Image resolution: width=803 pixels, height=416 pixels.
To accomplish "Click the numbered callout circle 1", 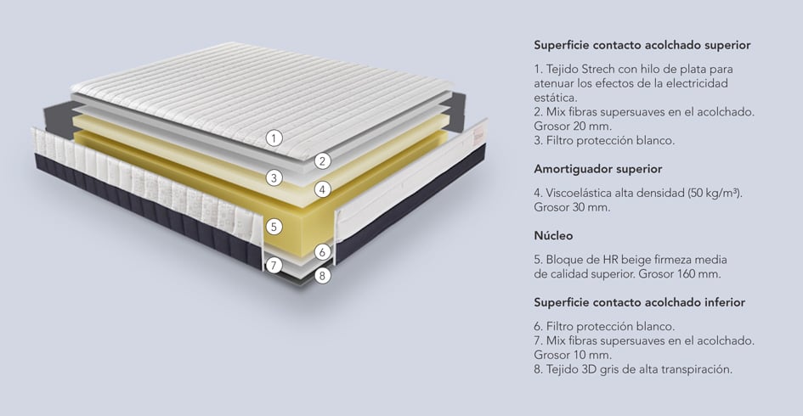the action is coord(274,138).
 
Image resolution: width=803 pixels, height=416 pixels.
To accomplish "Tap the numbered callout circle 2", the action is coord(322,161).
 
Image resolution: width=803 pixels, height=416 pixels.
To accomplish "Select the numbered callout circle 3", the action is coord(274,178).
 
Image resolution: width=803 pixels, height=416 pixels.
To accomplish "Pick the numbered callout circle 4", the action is coord(322,190).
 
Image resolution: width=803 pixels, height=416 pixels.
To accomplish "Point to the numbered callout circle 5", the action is coord(274,226).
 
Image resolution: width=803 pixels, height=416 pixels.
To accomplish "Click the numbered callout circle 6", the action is coord(322,252).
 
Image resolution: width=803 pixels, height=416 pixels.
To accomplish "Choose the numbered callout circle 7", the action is coord(274,265).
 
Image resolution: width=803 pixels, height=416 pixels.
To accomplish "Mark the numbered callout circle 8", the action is coord(322,276).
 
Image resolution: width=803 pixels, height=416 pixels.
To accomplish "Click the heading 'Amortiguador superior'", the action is coord(597,169).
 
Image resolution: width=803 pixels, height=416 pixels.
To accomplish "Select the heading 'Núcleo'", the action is coord(553,236).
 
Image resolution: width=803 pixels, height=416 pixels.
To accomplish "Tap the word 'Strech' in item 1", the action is coord(598,69).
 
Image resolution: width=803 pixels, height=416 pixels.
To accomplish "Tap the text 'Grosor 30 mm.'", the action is coord(572,207).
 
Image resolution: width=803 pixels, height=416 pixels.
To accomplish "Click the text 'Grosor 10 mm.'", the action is coord(573,355).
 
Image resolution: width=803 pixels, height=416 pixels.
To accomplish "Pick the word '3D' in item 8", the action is coord(589,369).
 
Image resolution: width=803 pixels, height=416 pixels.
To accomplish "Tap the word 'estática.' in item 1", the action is coord(555,98).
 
